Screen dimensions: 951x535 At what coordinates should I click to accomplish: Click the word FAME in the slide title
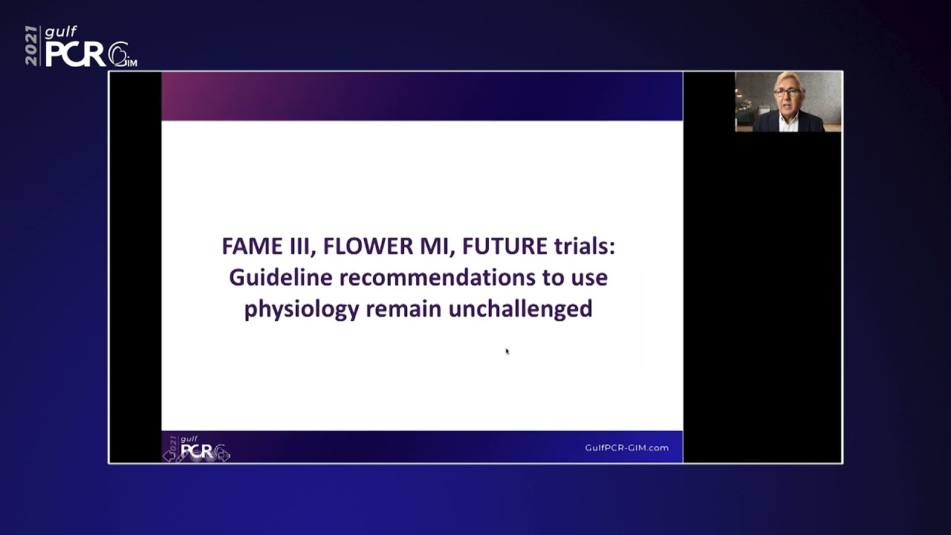tap(253, 246)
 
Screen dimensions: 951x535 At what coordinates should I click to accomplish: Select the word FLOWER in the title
tap(368, 246)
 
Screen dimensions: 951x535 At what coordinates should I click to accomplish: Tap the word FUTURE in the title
tap(504, 246)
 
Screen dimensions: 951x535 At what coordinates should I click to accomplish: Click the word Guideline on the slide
tap(281, 278)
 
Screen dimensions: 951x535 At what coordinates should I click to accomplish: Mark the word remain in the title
tap(403, 308)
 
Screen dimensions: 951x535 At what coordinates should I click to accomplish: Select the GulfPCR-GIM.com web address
tap(626, 447)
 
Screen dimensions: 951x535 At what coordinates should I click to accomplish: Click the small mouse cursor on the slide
tap(507, 351)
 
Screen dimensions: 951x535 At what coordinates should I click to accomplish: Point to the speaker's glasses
tap(787, 92)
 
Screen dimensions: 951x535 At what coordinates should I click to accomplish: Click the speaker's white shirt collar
tap(789, 121)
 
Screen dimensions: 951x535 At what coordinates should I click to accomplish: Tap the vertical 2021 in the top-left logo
tap(31, 45)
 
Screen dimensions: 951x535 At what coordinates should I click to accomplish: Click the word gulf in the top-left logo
tap(61, 32)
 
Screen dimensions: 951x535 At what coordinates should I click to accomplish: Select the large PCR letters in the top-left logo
tap(75, 54)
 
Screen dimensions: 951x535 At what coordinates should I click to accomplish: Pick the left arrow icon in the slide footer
tap(169, 456)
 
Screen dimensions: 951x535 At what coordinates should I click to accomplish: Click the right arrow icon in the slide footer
tap(224, 455)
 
